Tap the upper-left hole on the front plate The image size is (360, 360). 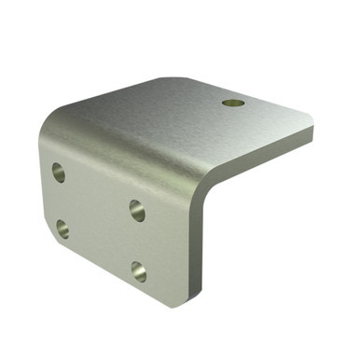tap(59, 172)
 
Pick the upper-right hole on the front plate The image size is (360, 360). tap(137, 209)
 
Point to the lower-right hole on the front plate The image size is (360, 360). tap(138, 271)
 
